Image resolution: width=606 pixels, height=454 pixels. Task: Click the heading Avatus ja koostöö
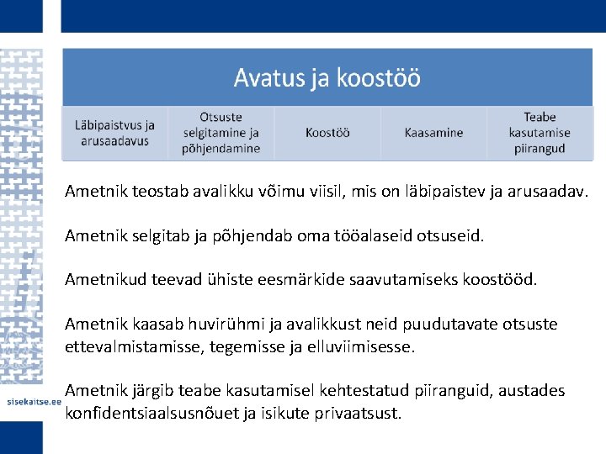(327, 78)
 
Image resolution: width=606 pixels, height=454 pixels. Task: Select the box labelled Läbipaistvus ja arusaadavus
(114, 133)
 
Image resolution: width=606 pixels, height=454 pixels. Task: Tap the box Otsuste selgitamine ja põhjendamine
(221, 133)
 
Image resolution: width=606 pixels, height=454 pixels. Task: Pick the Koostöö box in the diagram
(327, 133)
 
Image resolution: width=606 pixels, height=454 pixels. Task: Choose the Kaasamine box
(433, 133)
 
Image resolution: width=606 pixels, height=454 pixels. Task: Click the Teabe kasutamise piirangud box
(540, 133)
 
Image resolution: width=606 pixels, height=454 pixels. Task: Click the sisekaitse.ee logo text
(31, 403)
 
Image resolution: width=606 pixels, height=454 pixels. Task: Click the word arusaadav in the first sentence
(547, 192)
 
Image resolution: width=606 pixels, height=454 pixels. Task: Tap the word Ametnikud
(106, 280)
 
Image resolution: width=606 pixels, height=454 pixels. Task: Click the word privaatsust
(358, 413)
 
